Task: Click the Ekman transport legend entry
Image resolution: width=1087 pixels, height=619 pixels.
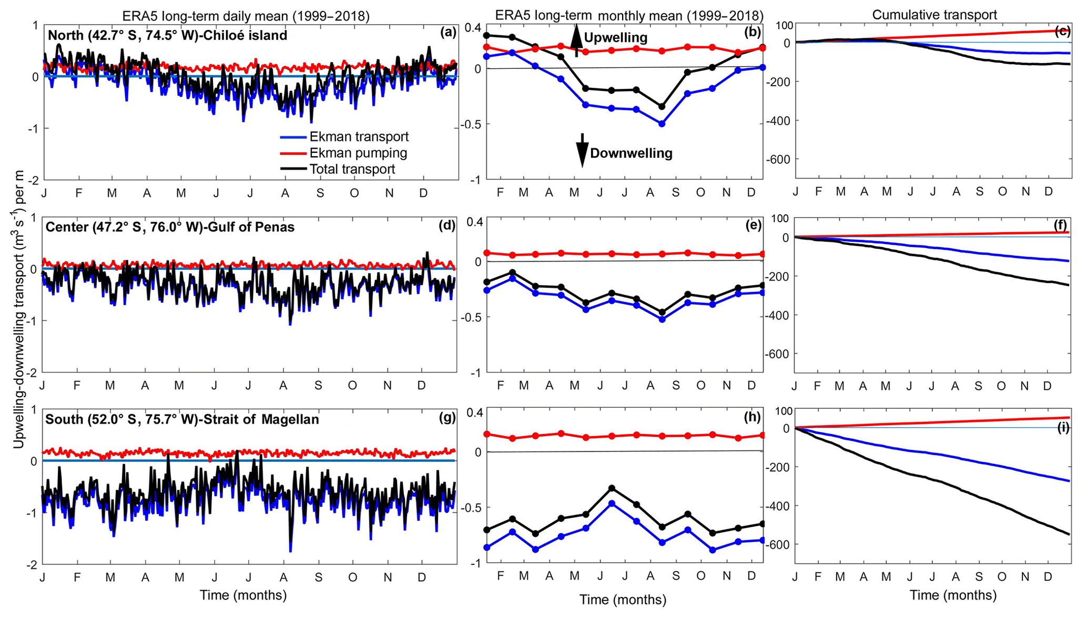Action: (344, 137)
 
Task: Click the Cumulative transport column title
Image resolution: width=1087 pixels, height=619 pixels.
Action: (934, 15)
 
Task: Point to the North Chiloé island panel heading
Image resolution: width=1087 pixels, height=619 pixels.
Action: (167, 35)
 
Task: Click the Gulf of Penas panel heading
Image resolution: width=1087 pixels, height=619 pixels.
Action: (170, 227)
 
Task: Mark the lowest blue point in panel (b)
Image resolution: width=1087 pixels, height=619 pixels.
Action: (662, 124)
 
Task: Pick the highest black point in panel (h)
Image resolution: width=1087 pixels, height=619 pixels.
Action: (612, 488)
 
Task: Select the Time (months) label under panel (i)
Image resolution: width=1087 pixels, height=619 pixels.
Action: (953, 595)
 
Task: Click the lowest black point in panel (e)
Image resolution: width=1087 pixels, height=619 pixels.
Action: (662, 312)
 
